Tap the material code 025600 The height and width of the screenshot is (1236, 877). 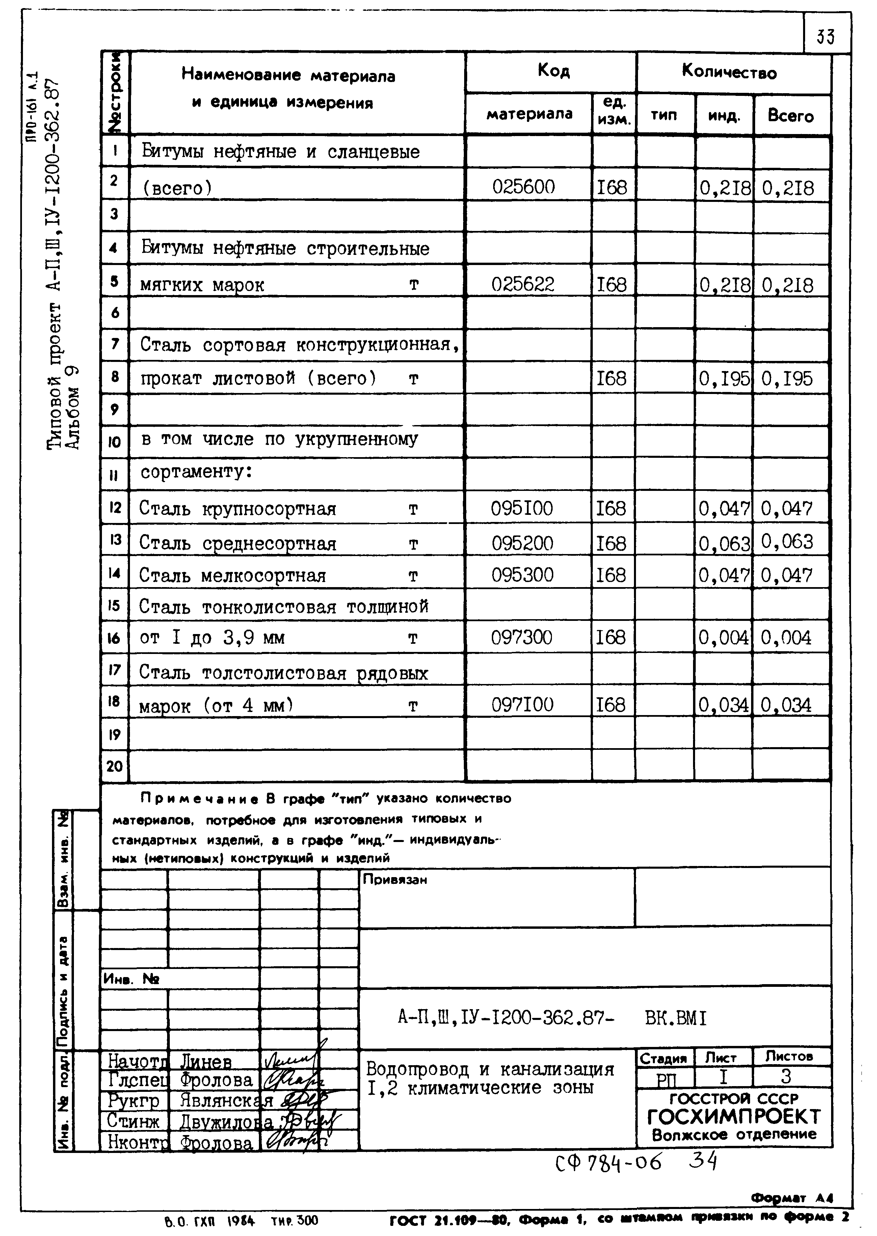(523, 187)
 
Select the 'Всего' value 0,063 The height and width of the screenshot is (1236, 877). (787, 542)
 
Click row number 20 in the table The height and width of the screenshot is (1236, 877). (114, 766)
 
